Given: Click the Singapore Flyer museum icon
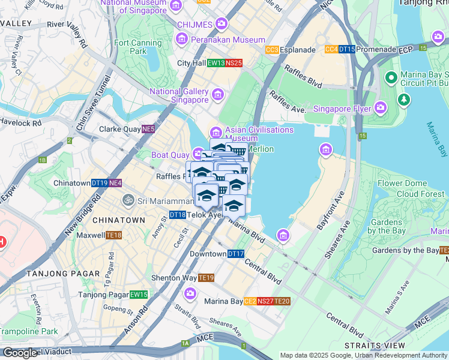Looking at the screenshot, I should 380,109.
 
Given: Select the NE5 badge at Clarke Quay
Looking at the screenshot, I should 148,129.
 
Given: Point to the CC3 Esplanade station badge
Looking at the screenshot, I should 272,50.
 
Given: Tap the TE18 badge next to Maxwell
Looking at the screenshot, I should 114,236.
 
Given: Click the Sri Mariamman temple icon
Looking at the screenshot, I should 127,200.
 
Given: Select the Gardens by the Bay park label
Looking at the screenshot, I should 387,226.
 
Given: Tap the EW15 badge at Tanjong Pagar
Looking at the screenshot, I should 139,295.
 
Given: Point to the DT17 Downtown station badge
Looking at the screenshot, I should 236,254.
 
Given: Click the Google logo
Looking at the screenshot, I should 20,353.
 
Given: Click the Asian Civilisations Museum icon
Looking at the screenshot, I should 215,133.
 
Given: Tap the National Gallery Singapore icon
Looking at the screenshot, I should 217,95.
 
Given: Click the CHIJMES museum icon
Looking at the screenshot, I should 221,24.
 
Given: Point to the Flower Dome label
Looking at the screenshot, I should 402,184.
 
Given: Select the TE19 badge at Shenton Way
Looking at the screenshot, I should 206,278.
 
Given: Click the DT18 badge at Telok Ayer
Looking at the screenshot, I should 177,214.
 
